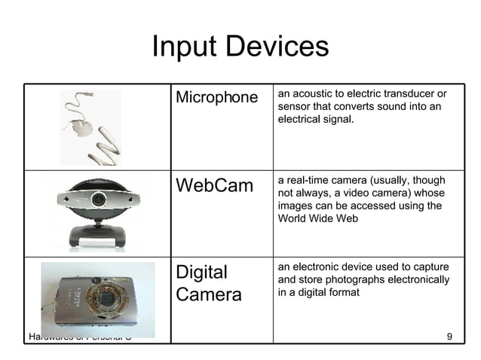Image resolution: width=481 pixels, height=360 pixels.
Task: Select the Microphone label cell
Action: (216, 98)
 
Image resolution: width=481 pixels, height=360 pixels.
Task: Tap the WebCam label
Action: (214, 185)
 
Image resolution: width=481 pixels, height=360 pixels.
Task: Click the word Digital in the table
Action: (201, 271)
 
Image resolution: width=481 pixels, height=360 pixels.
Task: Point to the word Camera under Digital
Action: (209, 294)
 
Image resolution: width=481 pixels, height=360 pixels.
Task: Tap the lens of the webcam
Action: (99, 200)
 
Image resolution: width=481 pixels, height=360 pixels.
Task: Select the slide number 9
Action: (449, 336)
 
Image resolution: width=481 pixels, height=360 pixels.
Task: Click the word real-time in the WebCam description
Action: (309, 180)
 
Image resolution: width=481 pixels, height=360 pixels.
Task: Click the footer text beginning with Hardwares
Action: (79, 336)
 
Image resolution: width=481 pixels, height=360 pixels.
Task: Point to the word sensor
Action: (295, 106)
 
